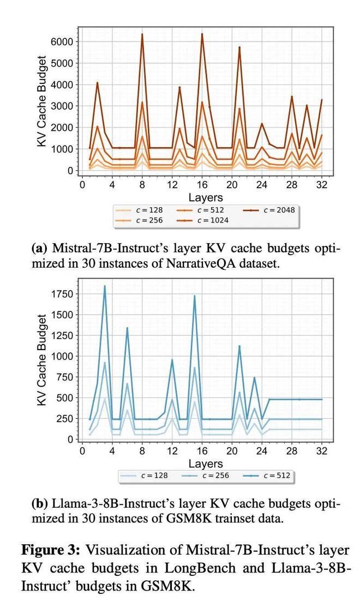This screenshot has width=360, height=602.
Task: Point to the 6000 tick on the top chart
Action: click(x=62, y=41)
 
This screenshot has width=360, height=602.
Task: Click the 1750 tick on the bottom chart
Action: click(x=62, y=294)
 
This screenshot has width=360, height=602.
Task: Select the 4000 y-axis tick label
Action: click(x=62, y=85)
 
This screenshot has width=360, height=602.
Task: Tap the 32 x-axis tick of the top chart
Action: click(x=322, y=185)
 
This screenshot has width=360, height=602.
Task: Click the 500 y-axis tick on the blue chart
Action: click(x=65, y=398)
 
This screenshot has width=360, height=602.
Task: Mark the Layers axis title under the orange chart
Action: click(x=205, y=197)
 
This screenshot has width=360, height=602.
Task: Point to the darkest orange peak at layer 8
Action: click(x=142, y=34)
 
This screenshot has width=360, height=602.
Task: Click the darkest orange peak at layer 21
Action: click(x=239, y=47)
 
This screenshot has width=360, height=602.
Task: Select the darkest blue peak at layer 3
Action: click(x=105, y=286)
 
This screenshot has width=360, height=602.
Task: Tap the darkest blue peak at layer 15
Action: click(x=195, y=296)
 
